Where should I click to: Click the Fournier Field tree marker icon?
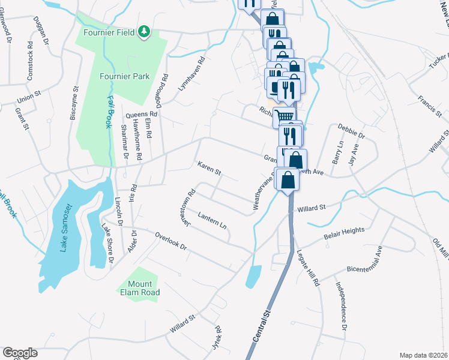(x=143, y=31)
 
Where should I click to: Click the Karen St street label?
(x=209, y=168)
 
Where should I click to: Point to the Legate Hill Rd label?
(x=307, y=268)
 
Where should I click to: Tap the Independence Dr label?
(x=340, y=307)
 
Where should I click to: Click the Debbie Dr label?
(x=351, y=131)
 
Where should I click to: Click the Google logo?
(x=20, y=353)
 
